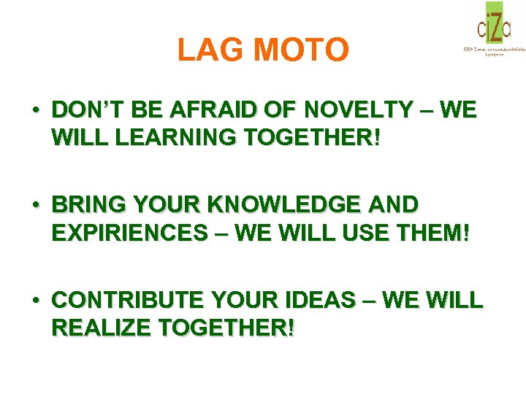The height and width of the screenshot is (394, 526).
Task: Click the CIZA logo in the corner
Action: pyautogui.click(x=493, y=28)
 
